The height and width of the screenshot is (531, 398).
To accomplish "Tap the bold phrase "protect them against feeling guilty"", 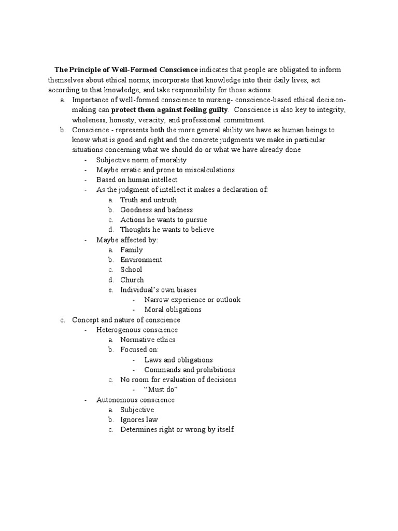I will pos(169,110).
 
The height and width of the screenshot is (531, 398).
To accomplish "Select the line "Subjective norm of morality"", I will pos(141,160).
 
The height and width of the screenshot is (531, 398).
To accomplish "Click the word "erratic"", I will pos(130,170).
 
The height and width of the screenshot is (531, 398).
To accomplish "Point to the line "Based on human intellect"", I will pos(137,180).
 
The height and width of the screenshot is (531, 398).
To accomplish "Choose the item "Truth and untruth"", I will pos(148,200).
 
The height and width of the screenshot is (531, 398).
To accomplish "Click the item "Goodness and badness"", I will pos(157,210).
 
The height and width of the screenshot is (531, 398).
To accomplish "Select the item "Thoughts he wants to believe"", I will pos(167,230).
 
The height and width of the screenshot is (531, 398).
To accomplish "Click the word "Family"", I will pos(132,250).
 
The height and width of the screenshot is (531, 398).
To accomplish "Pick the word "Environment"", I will pos(141,260).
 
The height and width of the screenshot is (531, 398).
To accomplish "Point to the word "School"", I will pos(131,270).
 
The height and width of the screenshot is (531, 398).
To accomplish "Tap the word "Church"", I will pos(132,280).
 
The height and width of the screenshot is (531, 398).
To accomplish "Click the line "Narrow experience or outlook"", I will pos(192,300).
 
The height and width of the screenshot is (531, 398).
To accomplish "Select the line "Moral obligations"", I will pos(173,310).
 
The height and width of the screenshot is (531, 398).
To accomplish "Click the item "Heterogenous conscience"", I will pos(137,330).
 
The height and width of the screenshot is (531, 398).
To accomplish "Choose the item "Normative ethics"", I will pos(148,340).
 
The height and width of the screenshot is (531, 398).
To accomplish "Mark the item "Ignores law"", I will pos(139,420).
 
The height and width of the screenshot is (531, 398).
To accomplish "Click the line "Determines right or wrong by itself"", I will pos(177,430).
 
